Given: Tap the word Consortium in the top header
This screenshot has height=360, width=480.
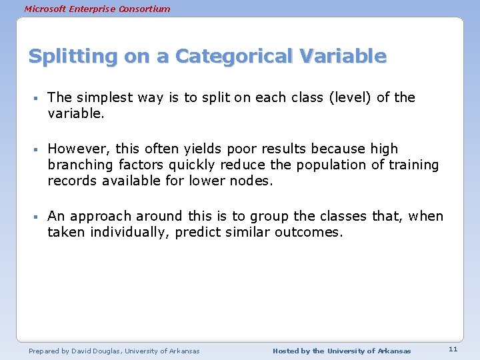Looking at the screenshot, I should [141, 9].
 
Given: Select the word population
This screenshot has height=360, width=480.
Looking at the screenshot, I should [329, 165].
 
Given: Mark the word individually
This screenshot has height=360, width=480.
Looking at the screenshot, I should [127, 232].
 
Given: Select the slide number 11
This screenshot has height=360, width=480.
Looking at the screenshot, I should [453, 349].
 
